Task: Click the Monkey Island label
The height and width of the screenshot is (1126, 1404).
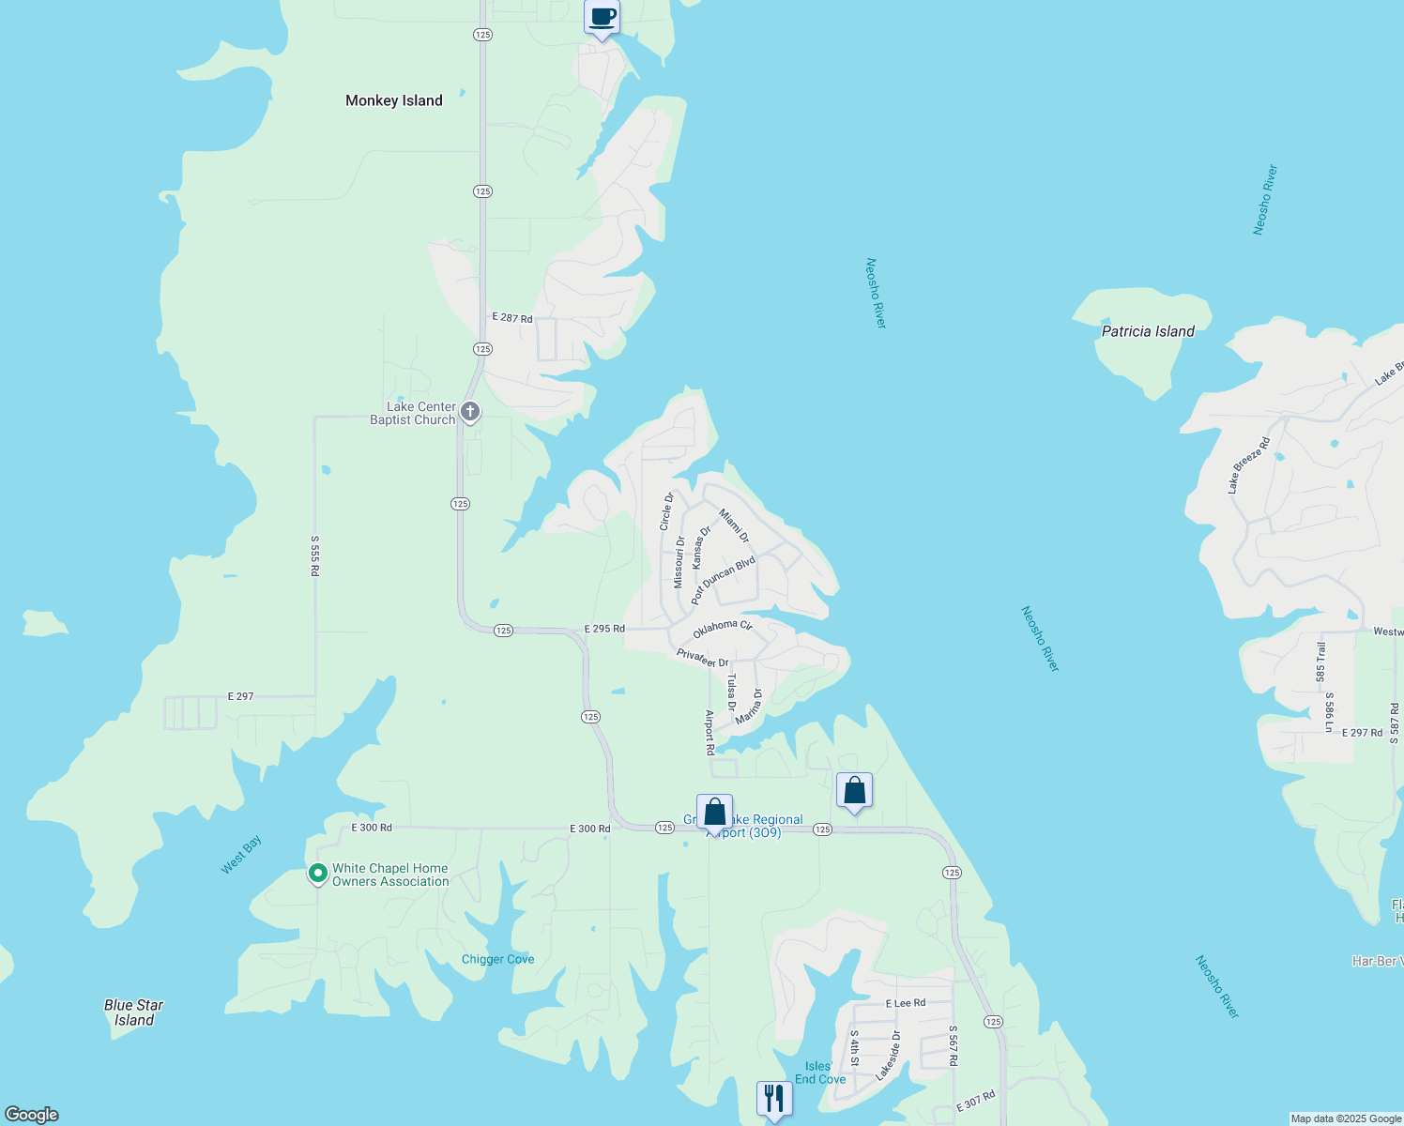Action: (393, 100)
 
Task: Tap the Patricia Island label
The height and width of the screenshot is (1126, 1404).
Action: (1148, 331)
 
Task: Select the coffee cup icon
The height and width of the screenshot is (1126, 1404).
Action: (602, 18)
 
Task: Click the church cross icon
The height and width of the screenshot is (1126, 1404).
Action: (470, 412)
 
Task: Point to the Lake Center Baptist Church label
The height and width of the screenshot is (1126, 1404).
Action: (413, 414)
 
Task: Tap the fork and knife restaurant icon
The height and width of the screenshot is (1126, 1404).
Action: (773, 1098)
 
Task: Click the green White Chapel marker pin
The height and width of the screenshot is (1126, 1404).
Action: (318, 875)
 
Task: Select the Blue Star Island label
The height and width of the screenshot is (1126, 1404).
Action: (133, 1012)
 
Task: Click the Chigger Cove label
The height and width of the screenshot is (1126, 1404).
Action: (497, 959)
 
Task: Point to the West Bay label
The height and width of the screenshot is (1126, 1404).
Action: (241, 855)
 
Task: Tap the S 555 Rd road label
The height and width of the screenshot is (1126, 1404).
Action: (315, 555)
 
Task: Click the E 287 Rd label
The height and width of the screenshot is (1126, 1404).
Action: (512, 318)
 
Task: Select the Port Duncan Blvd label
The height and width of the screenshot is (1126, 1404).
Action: (723, 581)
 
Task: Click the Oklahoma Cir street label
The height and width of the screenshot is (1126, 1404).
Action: (723, 627)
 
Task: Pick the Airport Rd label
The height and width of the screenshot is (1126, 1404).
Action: (710, 733)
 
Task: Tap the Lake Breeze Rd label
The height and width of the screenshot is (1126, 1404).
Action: (1248, 465)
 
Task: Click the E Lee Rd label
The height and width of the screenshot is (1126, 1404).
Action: (906, 1003)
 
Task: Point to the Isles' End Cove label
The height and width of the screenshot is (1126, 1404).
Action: (820, 1073)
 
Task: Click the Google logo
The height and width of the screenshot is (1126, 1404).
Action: (32, 1115)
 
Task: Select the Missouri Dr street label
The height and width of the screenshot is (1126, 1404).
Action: (679, 562)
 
